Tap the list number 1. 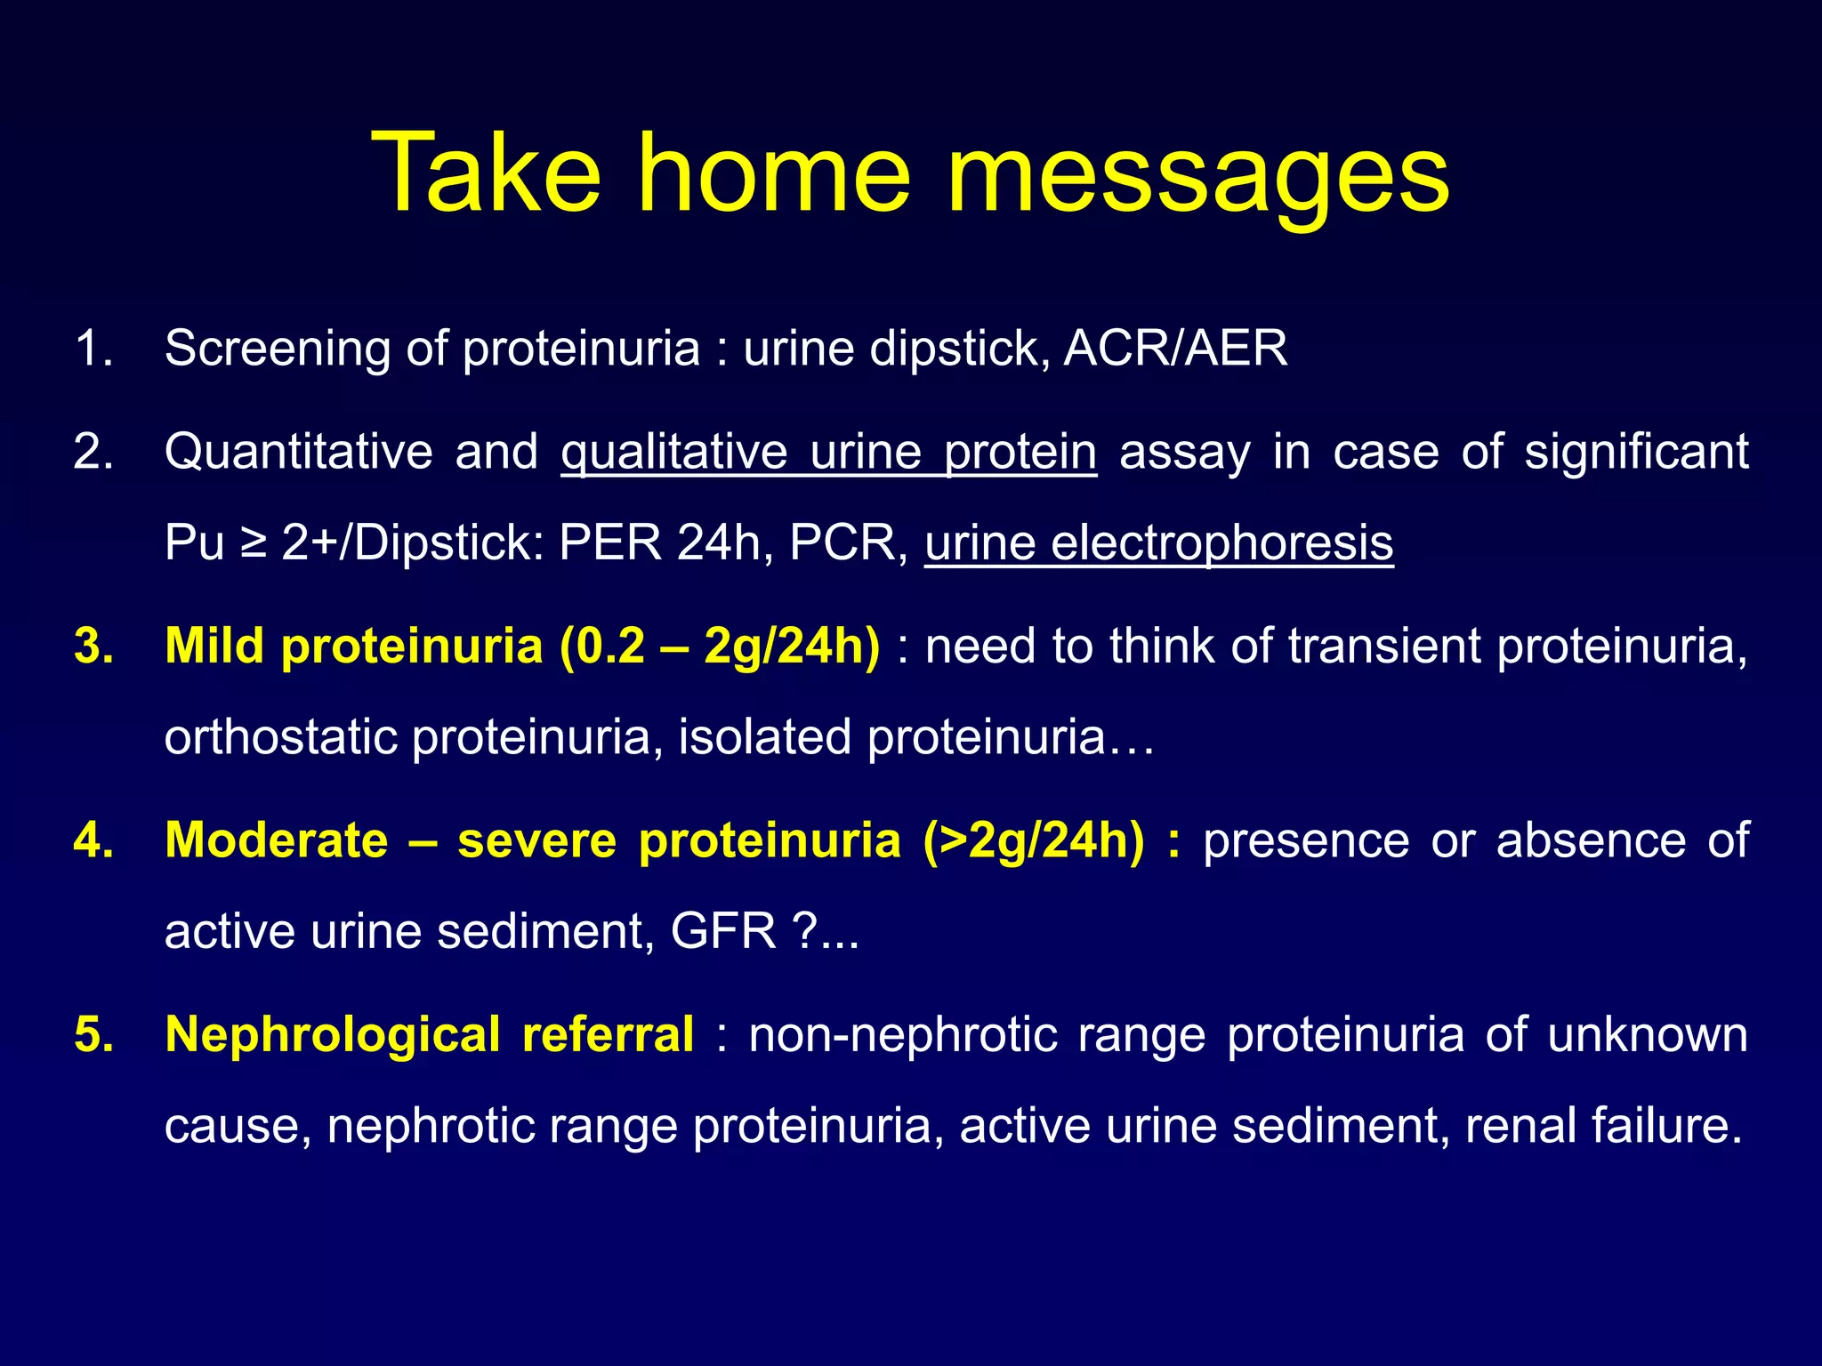pos(93,349)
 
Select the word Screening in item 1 pos(277,349)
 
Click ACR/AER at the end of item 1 pos(1175,349)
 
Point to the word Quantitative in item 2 pos(298,452)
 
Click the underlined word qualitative pos(673,452)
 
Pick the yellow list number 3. pos(93,646)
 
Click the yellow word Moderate pos(277,840)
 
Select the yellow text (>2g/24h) pos(1034,840)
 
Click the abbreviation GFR pos(723,932)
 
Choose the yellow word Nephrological pos(333,1035)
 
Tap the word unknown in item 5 pos(1648,1035)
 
